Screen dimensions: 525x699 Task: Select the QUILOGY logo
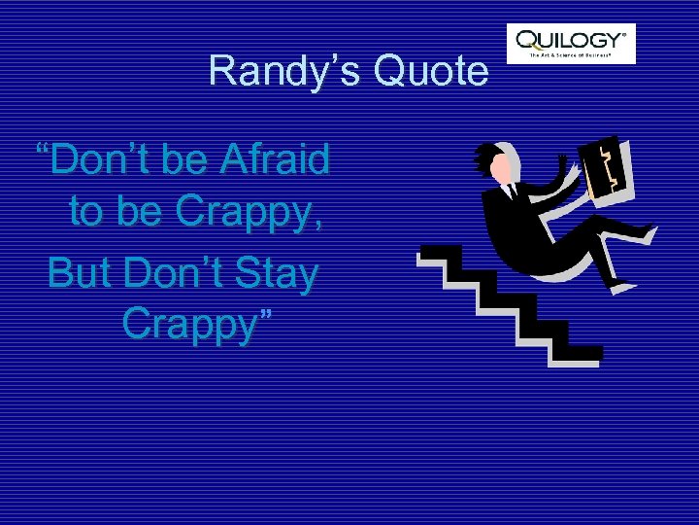[x=571, y=44]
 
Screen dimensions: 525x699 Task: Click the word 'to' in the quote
[x=85, y=211]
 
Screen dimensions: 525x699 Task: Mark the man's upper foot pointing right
[x=644, y=233]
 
